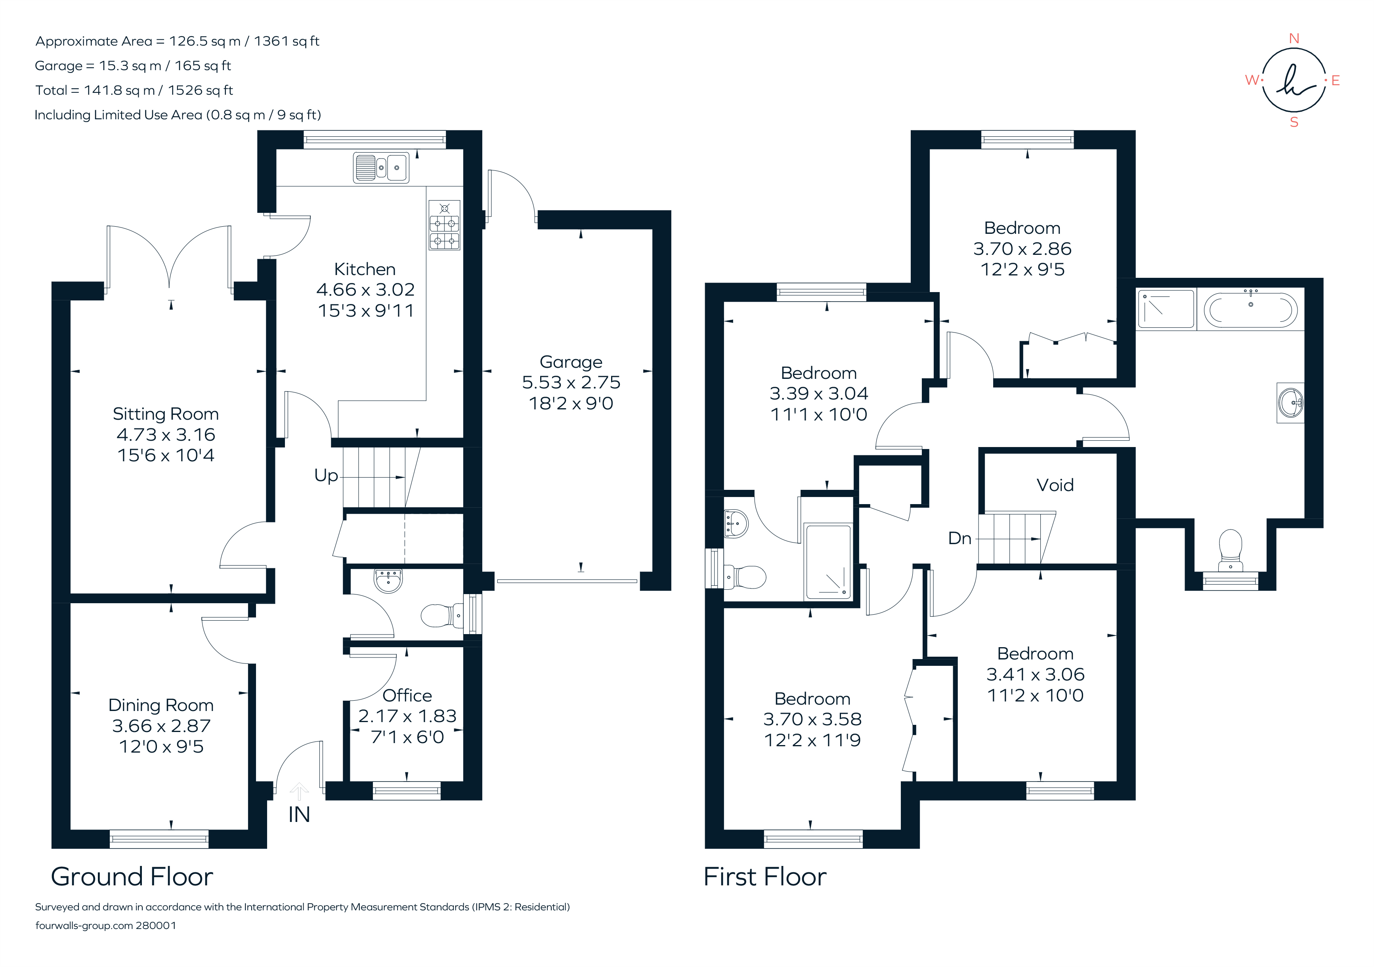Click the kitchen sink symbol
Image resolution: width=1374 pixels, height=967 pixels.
381,168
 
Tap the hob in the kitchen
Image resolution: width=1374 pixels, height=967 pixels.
445,226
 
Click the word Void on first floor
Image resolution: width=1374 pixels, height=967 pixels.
1055,485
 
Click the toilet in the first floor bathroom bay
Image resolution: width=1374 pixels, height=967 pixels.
1231,549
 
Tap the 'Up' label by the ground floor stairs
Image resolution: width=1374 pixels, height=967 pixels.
326,476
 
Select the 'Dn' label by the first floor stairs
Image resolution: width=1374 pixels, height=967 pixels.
959,539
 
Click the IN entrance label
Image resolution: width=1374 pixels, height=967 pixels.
299,815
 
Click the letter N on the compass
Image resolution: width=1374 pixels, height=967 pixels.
1294,39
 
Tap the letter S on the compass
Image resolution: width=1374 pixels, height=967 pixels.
1294,123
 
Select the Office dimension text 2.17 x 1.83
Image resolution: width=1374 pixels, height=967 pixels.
407,716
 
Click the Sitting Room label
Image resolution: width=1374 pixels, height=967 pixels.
166,414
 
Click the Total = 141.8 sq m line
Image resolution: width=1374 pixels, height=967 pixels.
134,90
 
